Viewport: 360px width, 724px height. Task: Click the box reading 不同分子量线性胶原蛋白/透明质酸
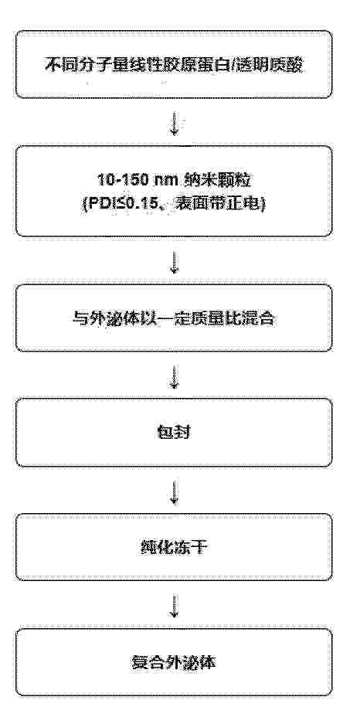[x=174, y=64]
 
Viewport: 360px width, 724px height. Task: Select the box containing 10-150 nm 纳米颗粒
[x=174, y=191]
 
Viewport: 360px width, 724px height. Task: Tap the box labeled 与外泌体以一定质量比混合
[x=174, y=318]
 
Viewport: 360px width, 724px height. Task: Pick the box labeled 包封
[x=174, y=433]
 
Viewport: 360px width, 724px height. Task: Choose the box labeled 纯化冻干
[x=174, y=547]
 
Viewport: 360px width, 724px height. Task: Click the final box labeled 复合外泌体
[x=174, y=662]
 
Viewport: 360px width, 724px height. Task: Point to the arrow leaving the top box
[x=175, y=122]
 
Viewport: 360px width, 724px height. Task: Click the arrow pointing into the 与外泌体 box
[x=175, y=261]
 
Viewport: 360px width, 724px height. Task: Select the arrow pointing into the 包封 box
[x=175, y=376]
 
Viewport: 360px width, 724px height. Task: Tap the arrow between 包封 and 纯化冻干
[x=175, y=491]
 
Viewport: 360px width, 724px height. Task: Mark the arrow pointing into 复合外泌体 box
[x=175, y=605]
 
